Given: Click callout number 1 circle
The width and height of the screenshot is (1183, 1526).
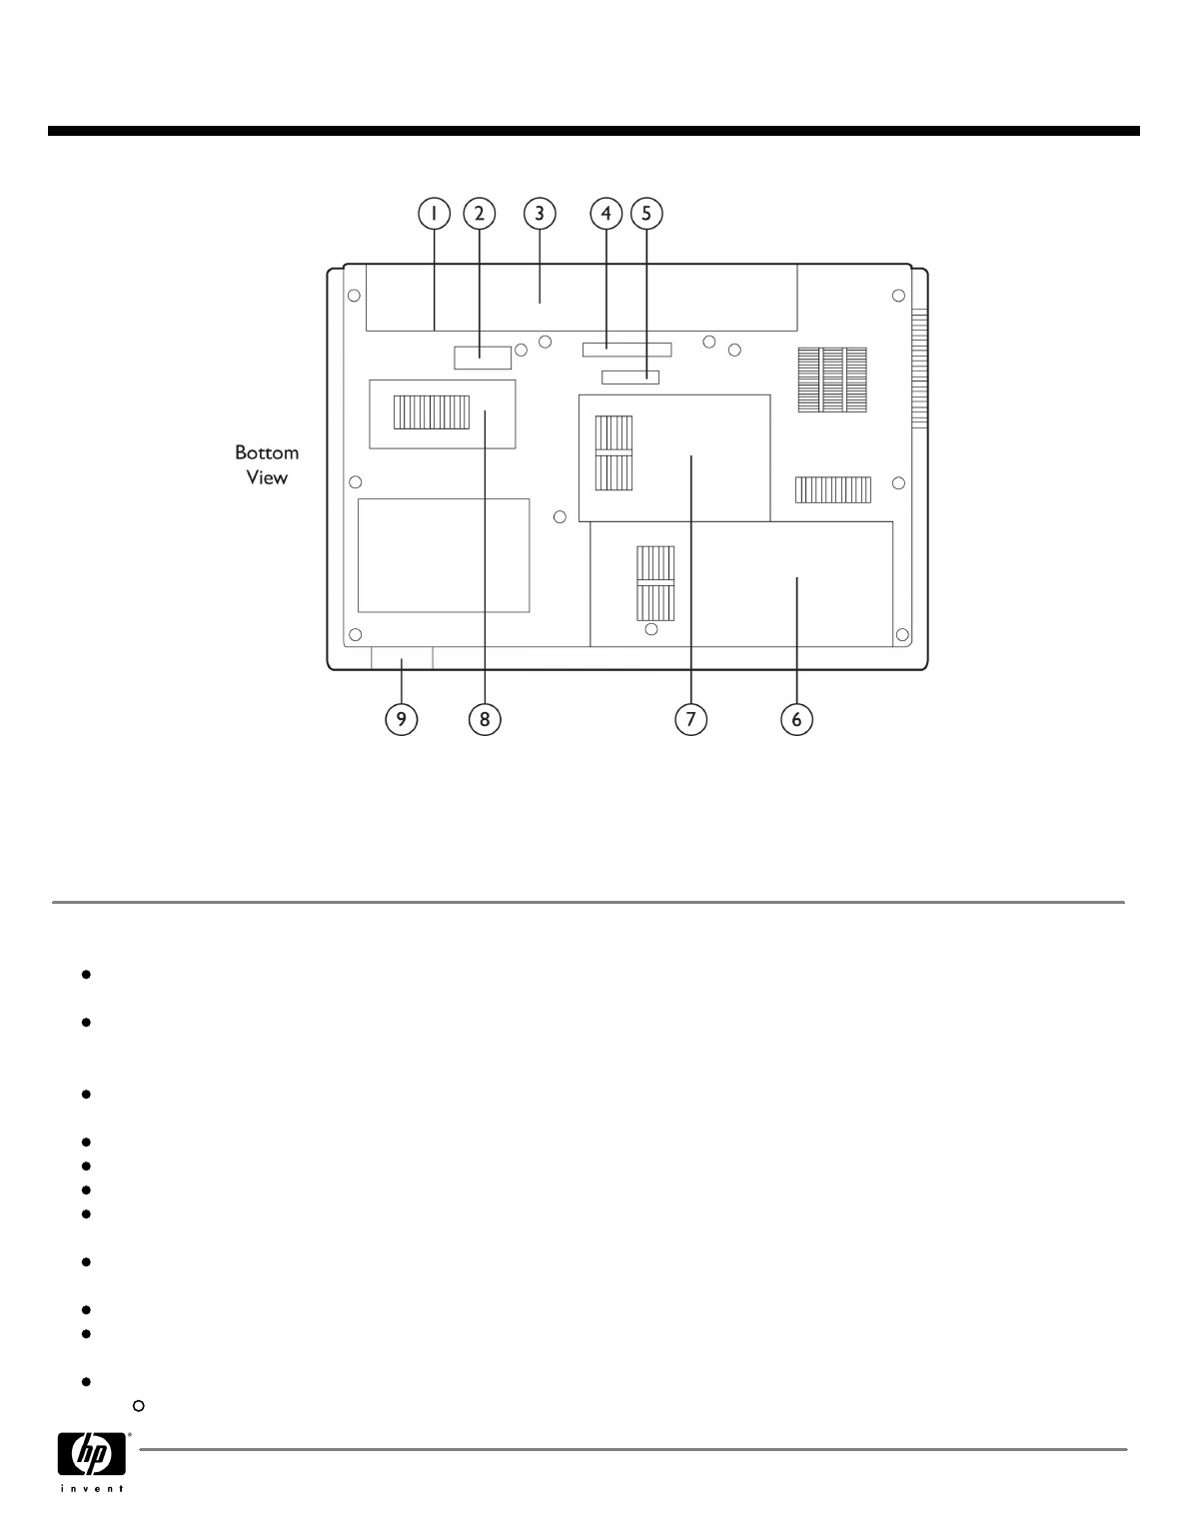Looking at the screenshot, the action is pos(435,213).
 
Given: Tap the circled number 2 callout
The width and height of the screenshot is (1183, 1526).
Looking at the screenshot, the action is pos(479,213).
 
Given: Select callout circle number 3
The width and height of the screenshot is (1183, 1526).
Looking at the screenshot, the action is pos(540,213).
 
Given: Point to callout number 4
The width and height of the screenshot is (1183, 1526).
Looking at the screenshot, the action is pos(605,213).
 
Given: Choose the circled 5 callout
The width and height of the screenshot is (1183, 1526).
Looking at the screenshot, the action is pos(645,213).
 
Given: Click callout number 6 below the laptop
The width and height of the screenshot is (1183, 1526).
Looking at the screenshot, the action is pos(796,719).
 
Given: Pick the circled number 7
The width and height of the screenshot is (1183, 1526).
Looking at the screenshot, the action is pos(690,719).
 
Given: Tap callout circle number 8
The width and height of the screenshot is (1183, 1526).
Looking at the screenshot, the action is pos(485,719).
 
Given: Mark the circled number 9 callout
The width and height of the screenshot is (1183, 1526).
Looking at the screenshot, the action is pos(402,719).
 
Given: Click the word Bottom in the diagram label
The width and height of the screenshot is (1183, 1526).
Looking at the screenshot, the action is pos(267,452).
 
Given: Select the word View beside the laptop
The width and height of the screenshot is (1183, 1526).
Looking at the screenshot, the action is pos(267,477).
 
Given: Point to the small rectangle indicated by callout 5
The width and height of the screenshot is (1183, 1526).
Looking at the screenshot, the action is pos(631,377).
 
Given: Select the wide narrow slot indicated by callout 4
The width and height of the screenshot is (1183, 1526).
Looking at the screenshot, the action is pos(627,349).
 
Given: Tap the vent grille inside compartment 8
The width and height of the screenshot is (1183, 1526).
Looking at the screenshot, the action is pos(432,410).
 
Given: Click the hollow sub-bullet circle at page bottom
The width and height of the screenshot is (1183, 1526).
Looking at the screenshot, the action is pos(139,1406).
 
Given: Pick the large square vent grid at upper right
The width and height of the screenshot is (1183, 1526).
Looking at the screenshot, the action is pos(832,380).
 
